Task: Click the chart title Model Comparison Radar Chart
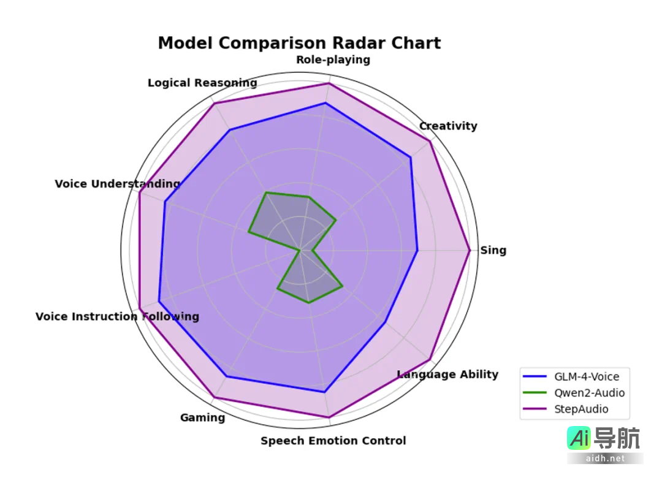[x=299, y=43]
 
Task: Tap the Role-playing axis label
[x=333, y=59]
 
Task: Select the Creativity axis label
[x=447, y=126]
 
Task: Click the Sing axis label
[x=493, y=250]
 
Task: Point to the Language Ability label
[x=447, y=374]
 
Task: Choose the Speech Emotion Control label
[x=333, y=440]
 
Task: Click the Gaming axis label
[x=202, y=417]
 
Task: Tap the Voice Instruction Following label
[x=117, y=316]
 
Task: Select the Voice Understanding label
[x=117, y=183]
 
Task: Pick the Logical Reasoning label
[x=202, y=83]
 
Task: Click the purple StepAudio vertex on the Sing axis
[x=470, y=250]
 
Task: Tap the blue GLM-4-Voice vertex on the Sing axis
[x=417, y=250]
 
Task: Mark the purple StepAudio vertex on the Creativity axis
[x=430, y=142]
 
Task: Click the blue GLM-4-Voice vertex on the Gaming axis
[x=226, y=376]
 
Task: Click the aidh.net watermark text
[x=605, y=458]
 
